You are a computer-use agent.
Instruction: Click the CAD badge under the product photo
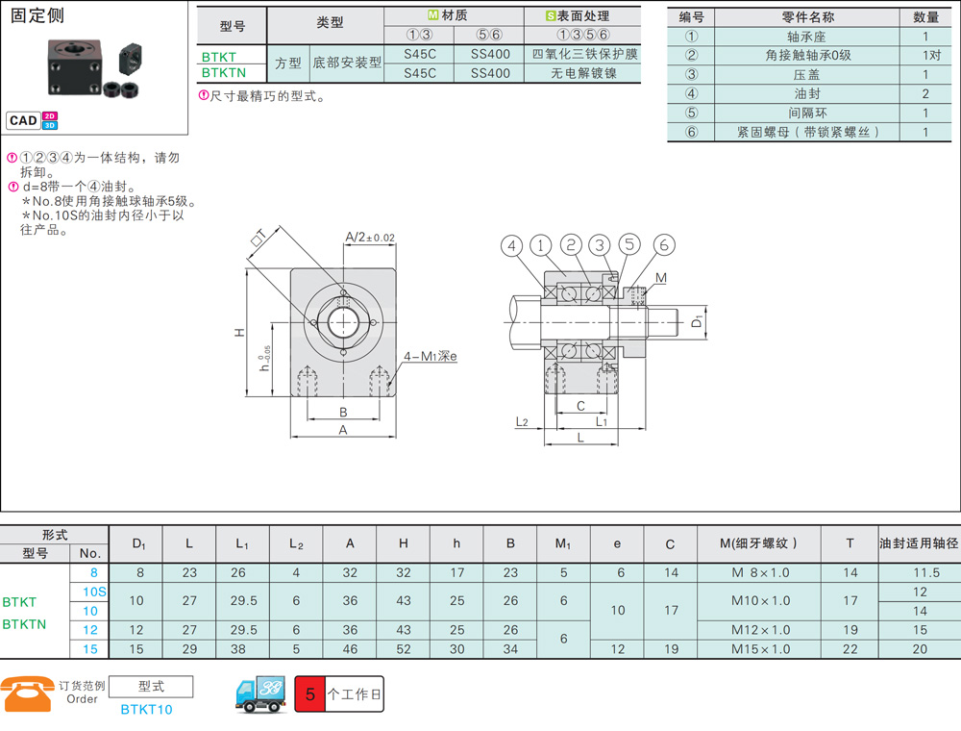(23, 120)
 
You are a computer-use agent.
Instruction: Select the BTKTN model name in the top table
(224, 73)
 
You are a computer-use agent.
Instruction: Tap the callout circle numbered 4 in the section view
(512, 246)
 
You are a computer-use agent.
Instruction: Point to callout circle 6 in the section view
(664, 244)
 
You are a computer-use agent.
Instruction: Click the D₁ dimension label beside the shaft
(697, 320)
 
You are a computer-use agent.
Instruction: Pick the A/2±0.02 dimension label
(370, 237)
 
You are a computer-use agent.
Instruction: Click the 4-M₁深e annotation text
(430, 356)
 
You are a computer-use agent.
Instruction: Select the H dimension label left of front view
(239, 333)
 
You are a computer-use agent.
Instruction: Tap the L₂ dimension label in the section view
(522, 421)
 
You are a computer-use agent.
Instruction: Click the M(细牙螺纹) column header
(759, 543)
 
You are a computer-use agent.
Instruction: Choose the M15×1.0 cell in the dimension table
(760, 649)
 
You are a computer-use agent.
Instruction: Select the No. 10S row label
(94, 592)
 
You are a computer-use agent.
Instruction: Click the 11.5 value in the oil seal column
(926, 573)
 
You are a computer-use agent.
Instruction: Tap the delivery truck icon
(260, 694)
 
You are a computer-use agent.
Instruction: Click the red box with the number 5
(310, 694)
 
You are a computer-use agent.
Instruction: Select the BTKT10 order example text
(146, 710)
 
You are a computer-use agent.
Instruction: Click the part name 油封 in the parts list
(807, 94)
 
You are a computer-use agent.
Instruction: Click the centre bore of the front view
(343, 322)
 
